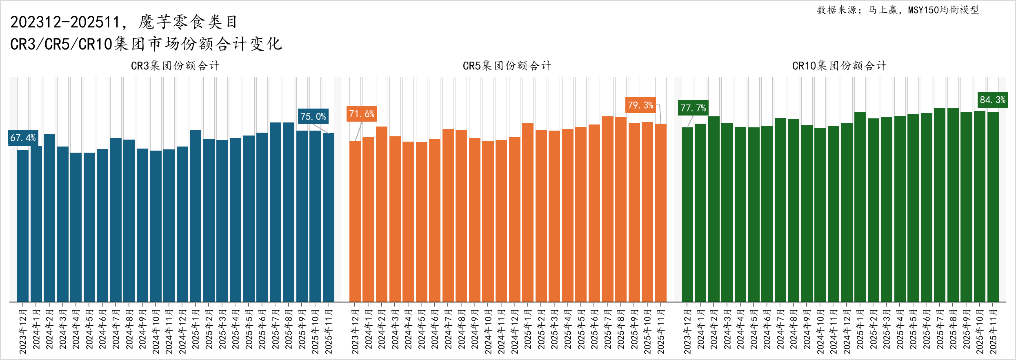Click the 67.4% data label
[x=23, y=138]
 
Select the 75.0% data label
[x=313, y=116]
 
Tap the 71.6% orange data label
[x=362, y=114]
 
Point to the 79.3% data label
[x=640, y=105]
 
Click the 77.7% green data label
[x=693, y=108]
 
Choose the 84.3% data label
[x=993, y=100]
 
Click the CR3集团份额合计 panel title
[x=175, y=66]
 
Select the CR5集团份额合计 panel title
[x=507, y=66]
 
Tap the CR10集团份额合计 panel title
[x=839, y=66]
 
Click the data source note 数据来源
[x=898, y=10]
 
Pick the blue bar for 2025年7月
[x=276, y=212]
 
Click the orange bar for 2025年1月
[x=528, y=212]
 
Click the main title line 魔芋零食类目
[x=124, y=22]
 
